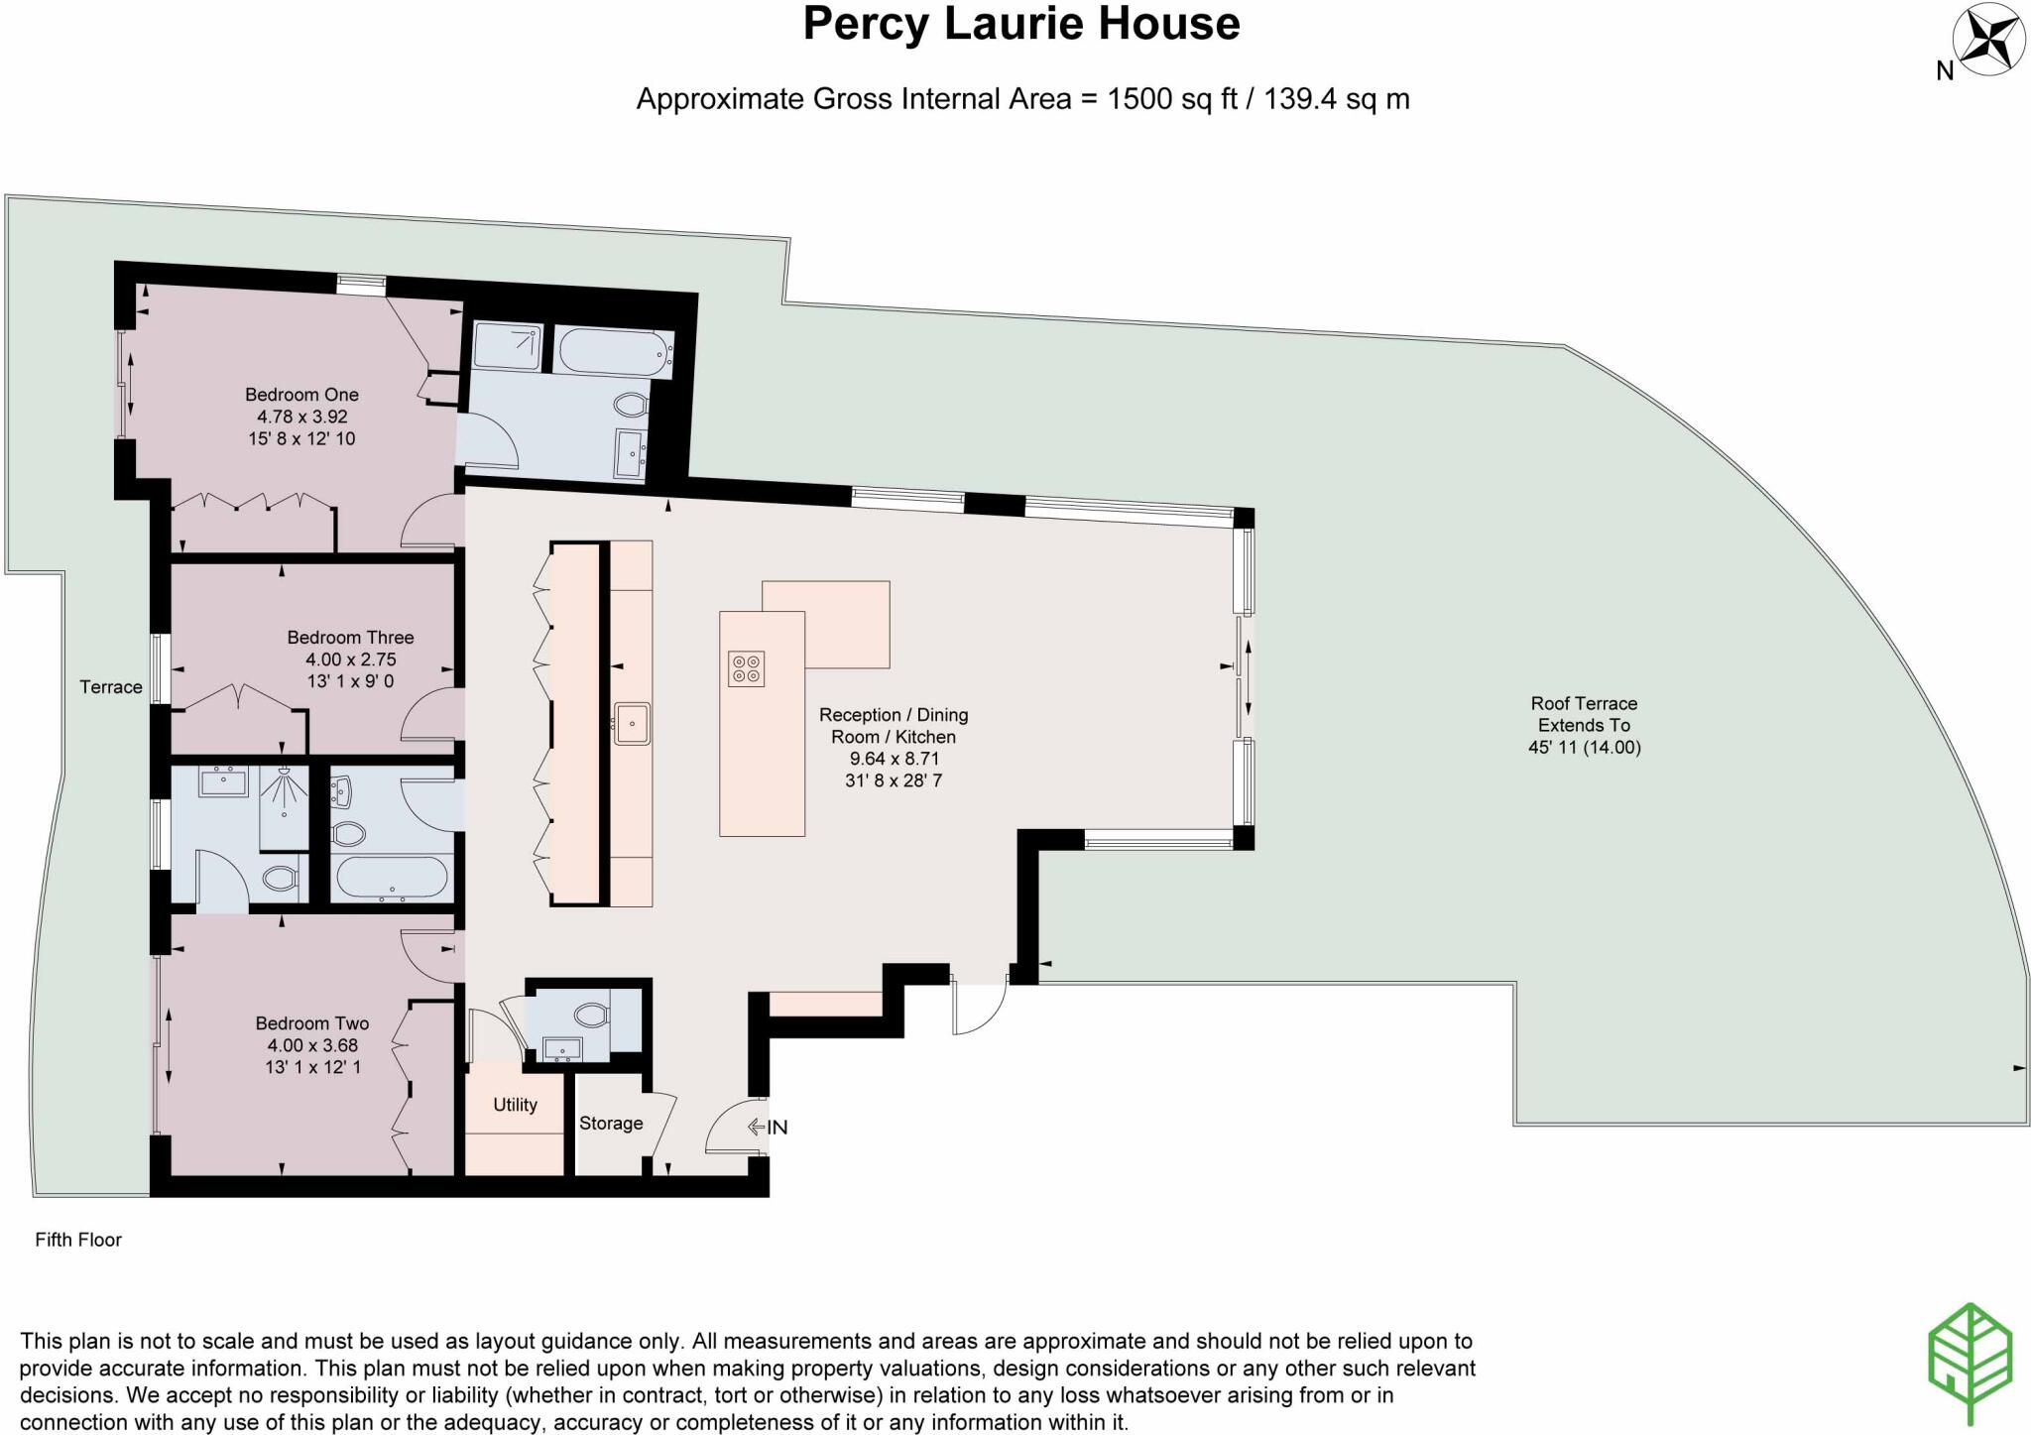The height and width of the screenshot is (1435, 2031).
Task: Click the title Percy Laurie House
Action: click(1020, 24)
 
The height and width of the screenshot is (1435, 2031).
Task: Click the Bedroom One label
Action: click(301, 395)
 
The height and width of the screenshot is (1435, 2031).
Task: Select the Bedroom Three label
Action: click(350, 638)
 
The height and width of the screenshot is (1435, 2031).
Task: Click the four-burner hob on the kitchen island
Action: click(746, 668)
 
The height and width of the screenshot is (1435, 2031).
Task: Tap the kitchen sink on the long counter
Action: click(632, 723)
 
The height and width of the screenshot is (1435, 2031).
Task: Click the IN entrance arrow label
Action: click(769, 1127)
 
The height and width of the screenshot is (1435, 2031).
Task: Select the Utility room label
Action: click(515, 1105)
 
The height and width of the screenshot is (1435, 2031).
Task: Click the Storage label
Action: click(611, 1124)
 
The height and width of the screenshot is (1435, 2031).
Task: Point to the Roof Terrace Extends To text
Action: click(1584, 714)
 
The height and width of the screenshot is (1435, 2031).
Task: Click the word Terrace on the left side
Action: click(111, 687)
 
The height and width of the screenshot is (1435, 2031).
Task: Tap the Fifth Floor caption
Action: click(78, 1240)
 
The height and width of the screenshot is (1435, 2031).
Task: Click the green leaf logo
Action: click(1970, 1361)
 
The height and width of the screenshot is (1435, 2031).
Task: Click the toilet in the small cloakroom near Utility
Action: click(591, 1015)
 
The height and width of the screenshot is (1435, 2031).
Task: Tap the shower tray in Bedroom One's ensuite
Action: click(507, 346)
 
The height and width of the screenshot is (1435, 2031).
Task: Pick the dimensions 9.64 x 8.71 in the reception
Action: click(893, 759)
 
